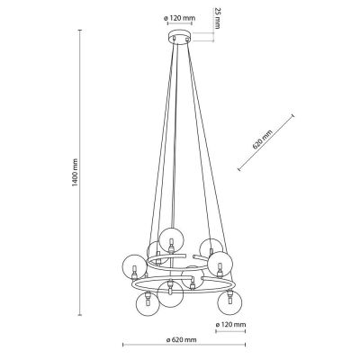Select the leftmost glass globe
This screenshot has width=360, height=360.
click(x=135, y=266)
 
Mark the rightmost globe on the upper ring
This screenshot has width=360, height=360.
click(x=219, y=264)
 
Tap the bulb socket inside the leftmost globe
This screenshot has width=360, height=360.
click(x=136, y=271)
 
